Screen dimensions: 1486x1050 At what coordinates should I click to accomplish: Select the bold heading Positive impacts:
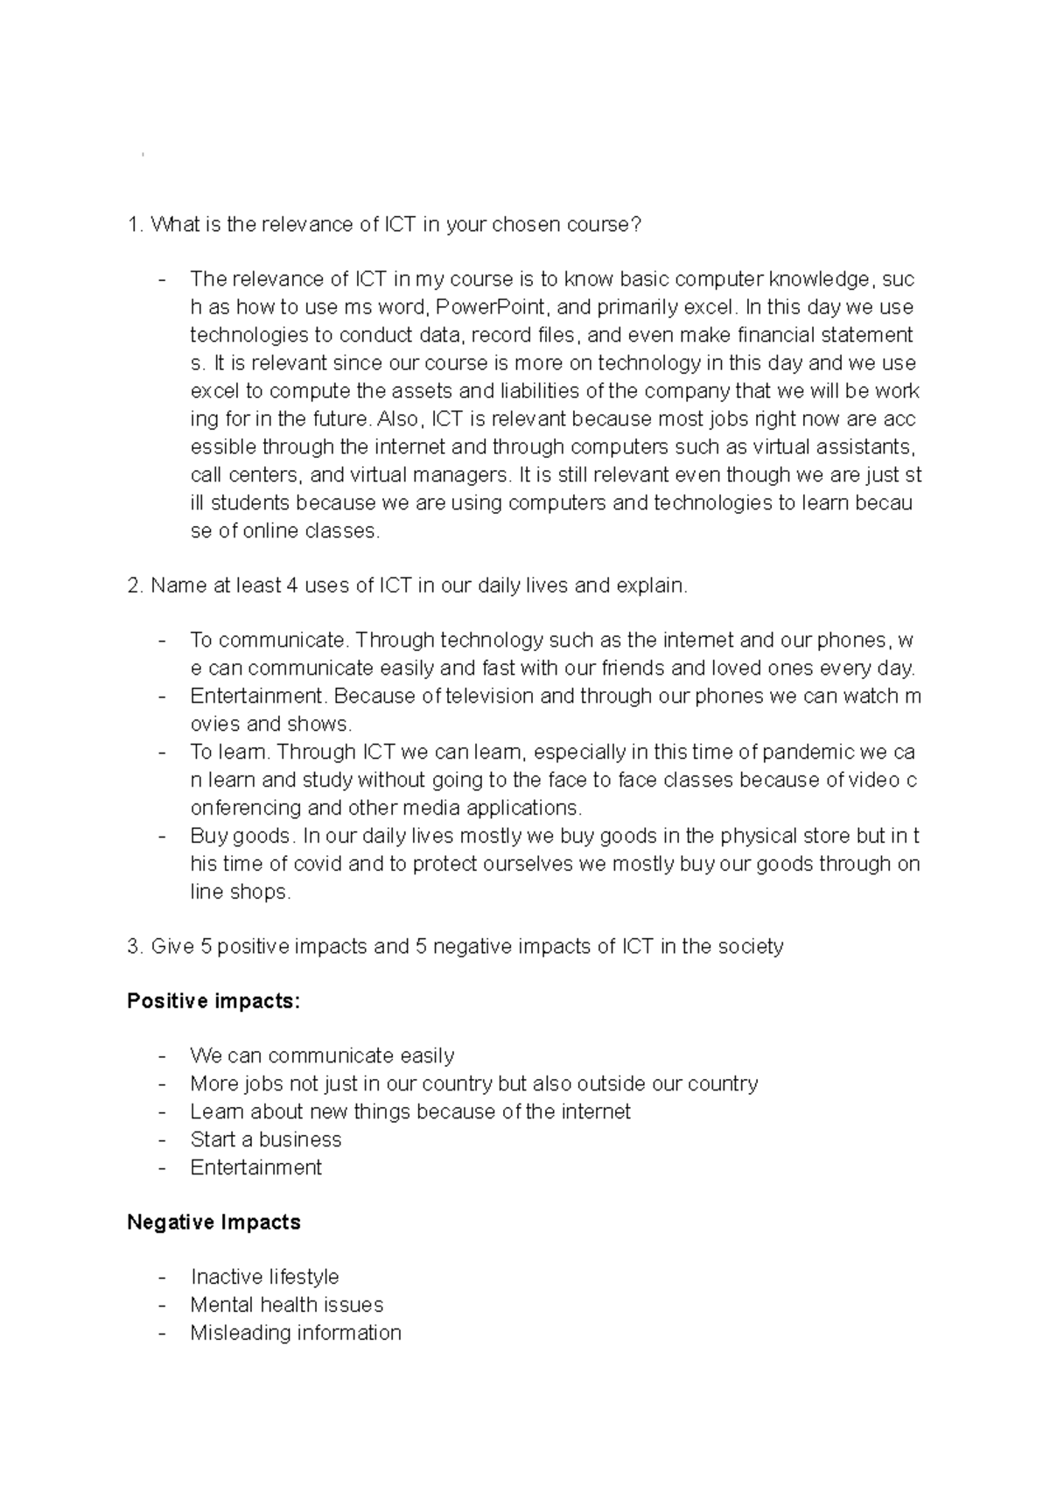click(x=213, y=1001)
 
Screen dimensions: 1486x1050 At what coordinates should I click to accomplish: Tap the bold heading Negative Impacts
click(x=213, y=1223)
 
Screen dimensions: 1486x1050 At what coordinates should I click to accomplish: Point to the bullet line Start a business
click(x=266, y=1139)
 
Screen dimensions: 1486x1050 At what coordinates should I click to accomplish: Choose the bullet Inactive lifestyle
click(x=264, y=1277)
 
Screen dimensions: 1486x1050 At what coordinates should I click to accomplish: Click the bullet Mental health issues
click(x=286, y=1305)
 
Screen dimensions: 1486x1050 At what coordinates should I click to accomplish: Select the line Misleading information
click(x=296, y=1333)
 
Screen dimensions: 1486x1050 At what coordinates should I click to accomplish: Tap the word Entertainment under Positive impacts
click(x=255, y=1167)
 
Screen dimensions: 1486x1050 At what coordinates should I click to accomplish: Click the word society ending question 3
click(x=750, y=946)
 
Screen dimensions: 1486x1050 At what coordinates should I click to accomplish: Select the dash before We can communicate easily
click(x=163, y=1056)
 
